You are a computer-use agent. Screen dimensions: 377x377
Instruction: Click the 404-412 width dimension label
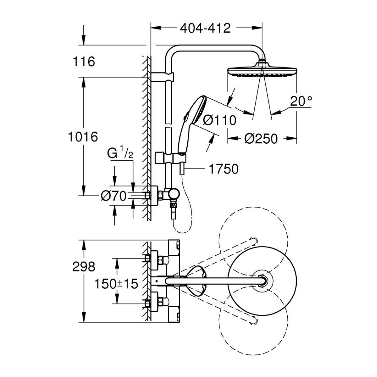pyautogui.click(x=205, y=28)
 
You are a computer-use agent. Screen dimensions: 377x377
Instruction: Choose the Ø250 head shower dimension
pyautogui.click(x=261, y=139)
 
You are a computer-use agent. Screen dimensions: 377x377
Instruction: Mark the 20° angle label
pyautogui.click(x=301, y=101)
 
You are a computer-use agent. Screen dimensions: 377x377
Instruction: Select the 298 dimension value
pyautogui.click(x=84, y=267)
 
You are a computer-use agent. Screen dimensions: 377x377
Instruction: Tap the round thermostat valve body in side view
pyautogui.click(x=174, y=194)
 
